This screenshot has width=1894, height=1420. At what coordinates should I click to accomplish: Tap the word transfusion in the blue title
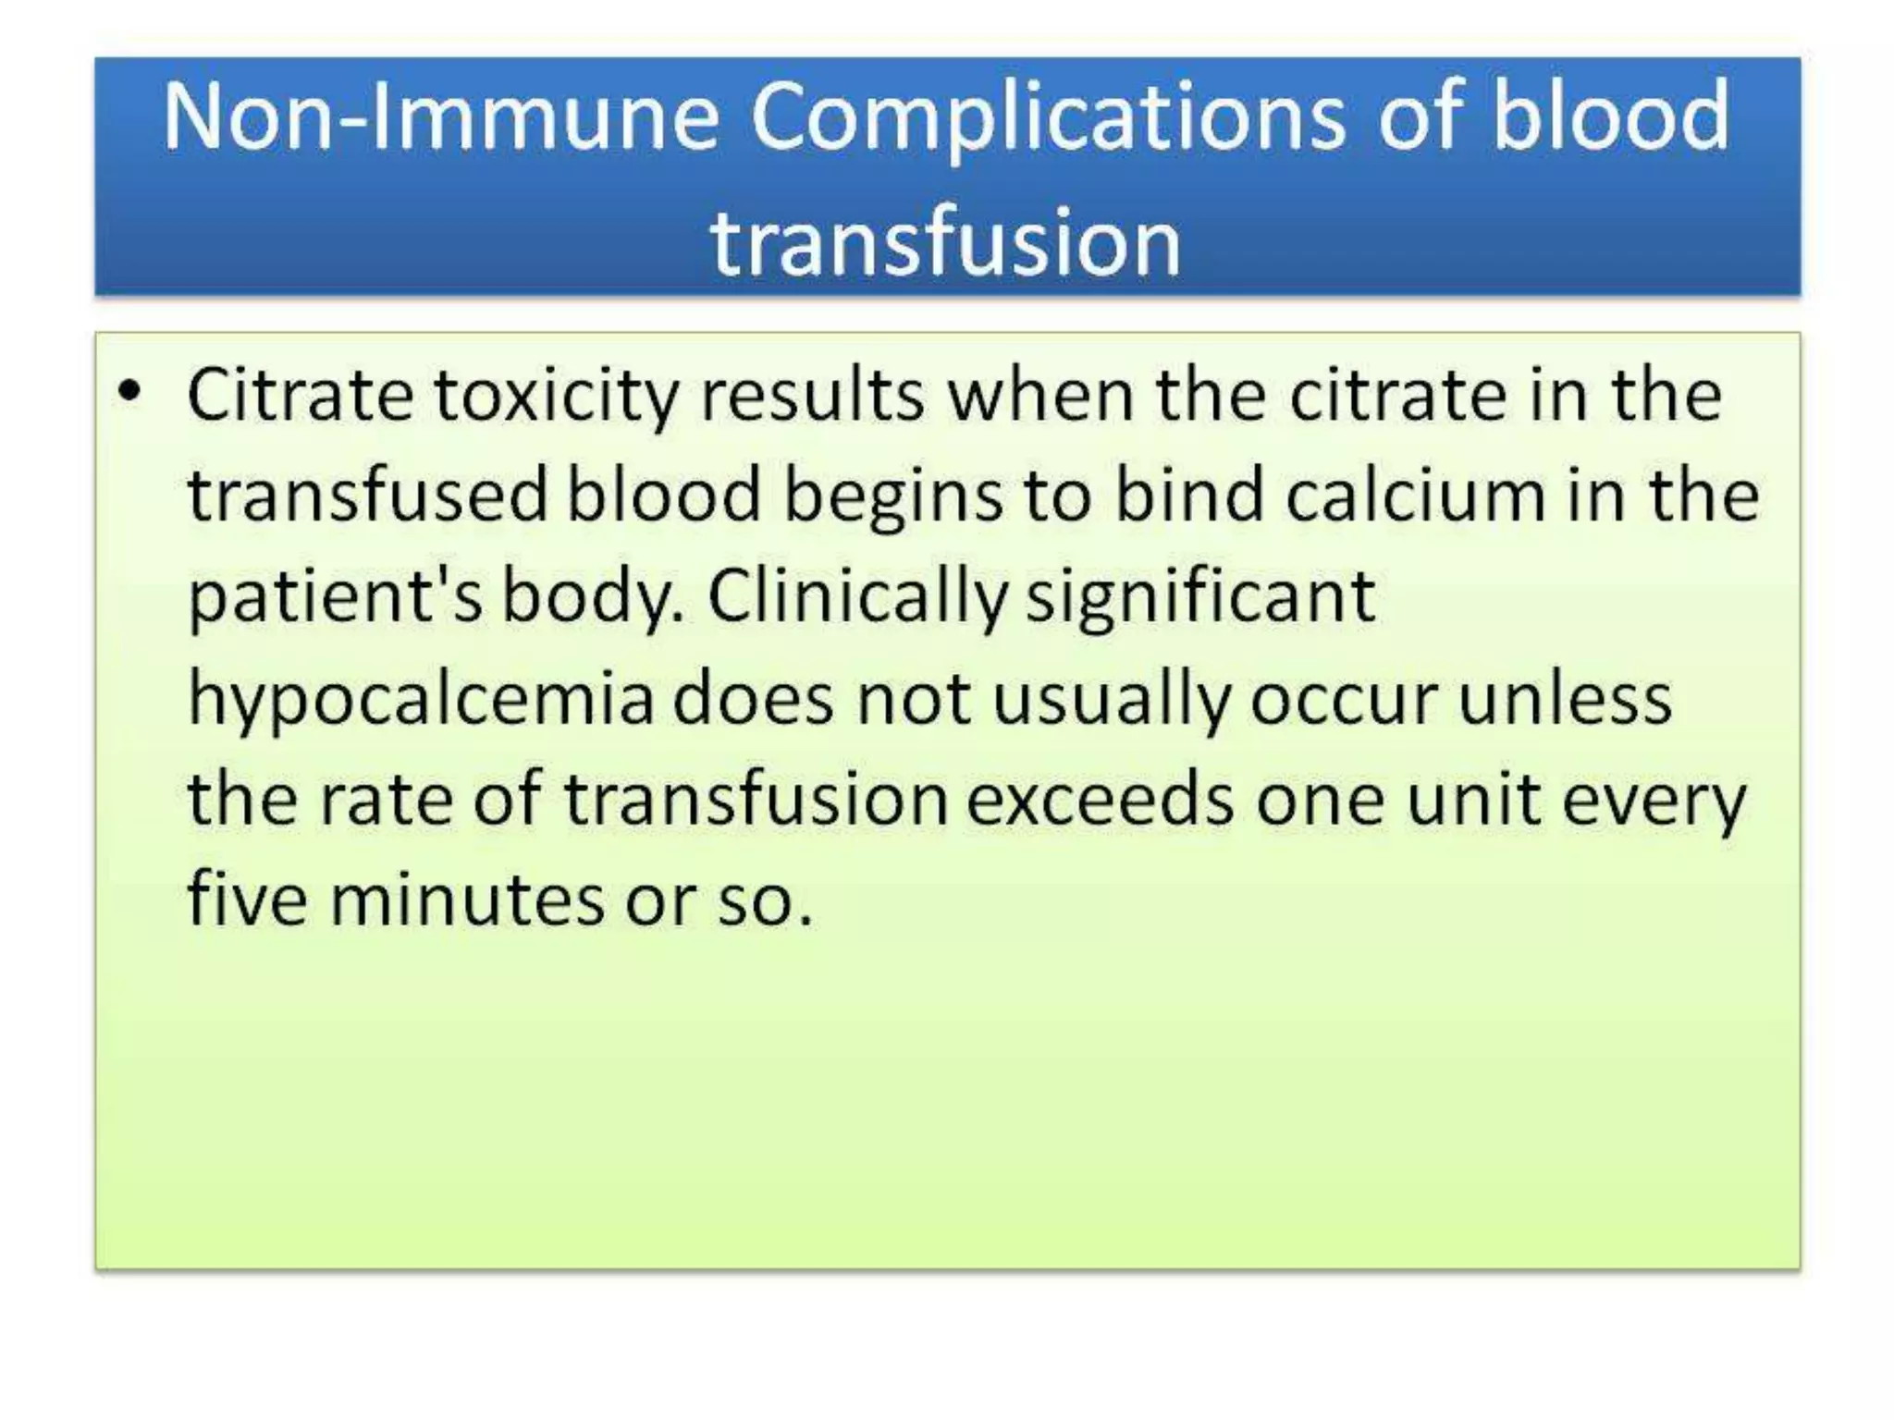tap(946, 242)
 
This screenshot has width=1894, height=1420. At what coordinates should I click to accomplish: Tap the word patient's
tap(335, 598)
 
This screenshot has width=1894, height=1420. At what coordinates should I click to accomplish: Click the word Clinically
tap(856, 598)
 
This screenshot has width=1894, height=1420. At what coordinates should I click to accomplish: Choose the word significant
tap(1200, 598)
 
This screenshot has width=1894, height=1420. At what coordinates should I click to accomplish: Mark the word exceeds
tap(1100, 800)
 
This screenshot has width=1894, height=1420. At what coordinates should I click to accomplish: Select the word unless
tap(1565, 698)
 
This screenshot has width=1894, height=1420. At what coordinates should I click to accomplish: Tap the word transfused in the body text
tap(368, 496)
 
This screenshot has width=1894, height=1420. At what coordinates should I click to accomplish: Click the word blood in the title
tap(1610, 117)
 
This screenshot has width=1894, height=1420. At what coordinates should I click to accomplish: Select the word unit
tap(1473, 800)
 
